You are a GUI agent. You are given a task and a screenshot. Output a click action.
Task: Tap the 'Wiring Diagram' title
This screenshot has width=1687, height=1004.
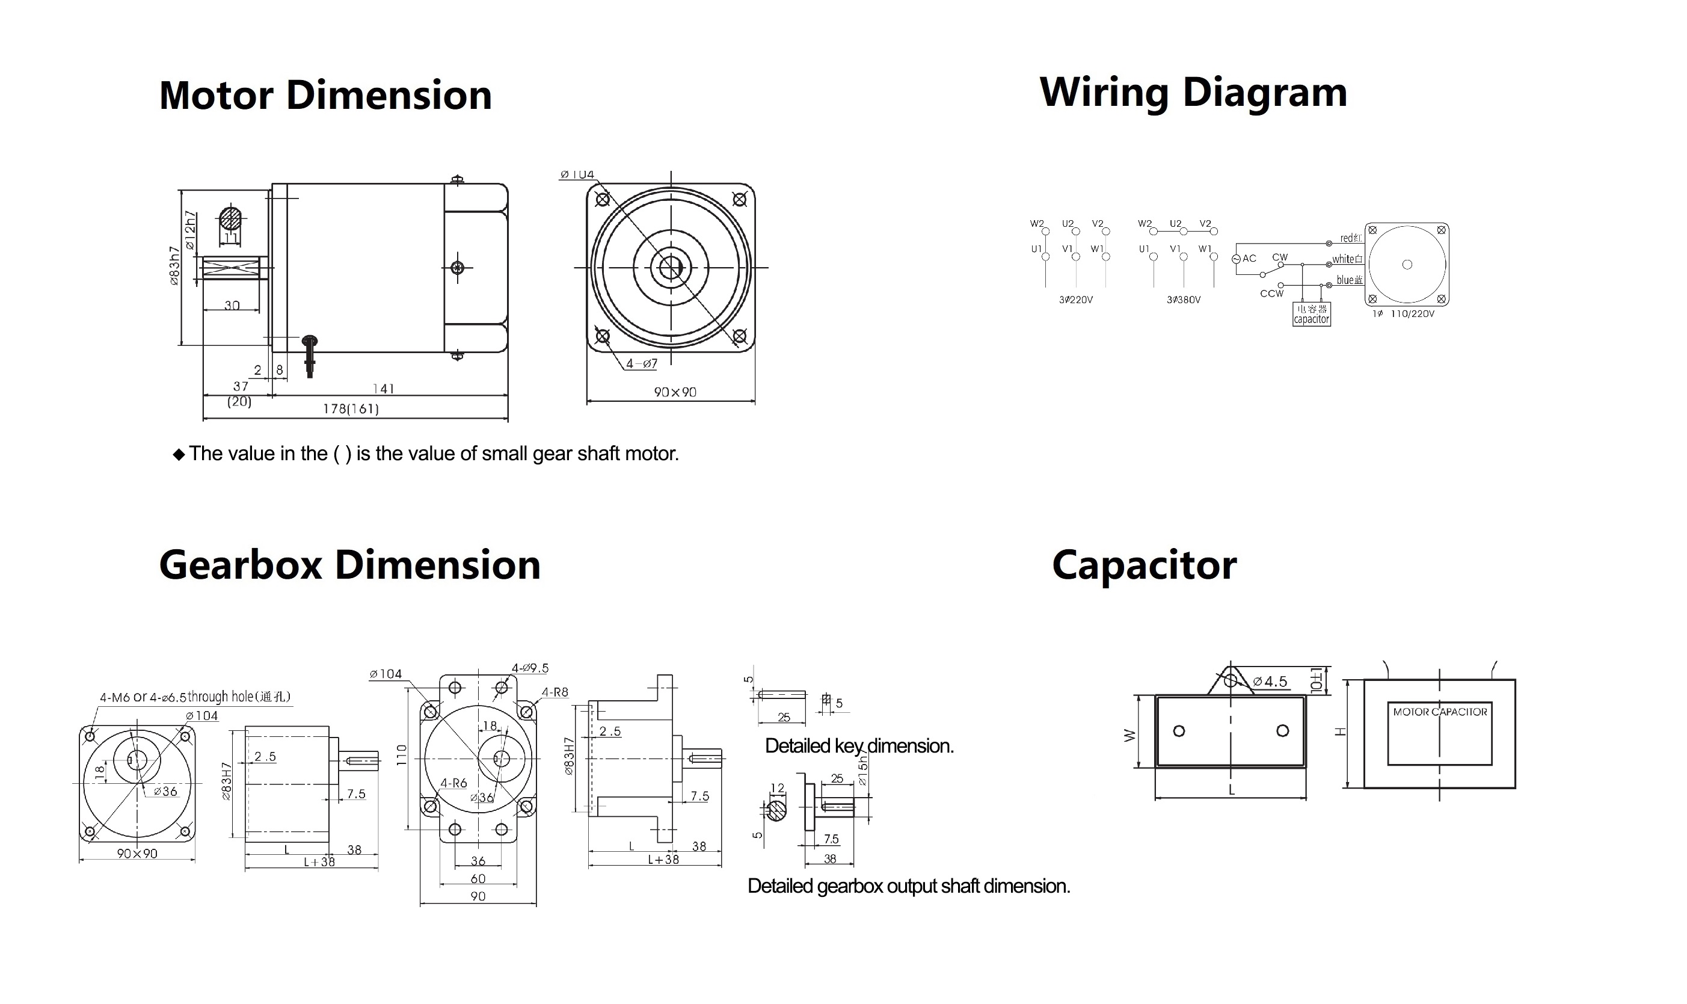[x=1193, y=92]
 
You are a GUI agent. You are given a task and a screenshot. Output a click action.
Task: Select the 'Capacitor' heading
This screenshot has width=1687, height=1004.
[x=1144, y=565]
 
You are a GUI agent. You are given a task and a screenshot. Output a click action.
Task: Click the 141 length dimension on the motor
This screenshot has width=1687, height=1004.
[x=383, y=389]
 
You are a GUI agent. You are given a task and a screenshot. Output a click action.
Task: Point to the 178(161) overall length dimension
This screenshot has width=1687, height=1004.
[x=351, y=408]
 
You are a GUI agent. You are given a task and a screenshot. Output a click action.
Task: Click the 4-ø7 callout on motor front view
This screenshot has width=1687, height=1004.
[x=641, y=364]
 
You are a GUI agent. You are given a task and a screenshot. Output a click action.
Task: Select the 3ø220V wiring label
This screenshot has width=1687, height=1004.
[x=1075, y=300]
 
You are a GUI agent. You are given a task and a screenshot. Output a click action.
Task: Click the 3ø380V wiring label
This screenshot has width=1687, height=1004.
[x=1183, y=300]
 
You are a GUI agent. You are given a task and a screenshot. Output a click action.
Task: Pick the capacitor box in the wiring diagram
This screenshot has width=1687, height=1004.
[x=1311, y=314]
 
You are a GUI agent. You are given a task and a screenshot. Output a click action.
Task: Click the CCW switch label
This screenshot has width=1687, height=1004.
[x=1271, y=294]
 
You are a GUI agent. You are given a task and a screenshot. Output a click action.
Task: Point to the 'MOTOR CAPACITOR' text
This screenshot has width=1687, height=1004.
[x=1440, y=712]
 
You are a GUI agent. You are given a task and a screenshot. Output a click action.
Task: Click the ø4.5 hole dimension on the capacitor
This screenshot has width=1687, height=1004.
[x=1269, y=682]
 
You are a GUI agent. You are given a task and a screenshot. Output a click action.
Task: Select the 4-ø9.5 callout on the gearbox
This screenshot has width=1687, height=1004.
[x=530, y=668]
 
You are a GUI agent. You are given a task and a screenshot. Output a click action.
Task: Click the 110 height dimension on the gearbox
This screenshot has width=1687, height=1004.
[x=402, y=755]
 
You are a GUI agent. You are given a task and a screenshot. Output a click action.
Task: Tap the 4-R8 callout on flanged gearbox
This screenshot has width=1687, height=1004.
[x=555, y=692]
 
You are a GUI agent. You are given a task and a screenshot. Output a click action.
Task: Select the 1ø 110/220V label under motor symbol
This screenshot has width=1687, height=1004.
[x=1403, y=314]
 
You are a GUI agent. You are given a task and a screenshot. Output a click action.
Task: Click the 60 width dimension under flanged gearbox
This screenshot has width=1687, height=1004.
[x=478, y=879]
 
